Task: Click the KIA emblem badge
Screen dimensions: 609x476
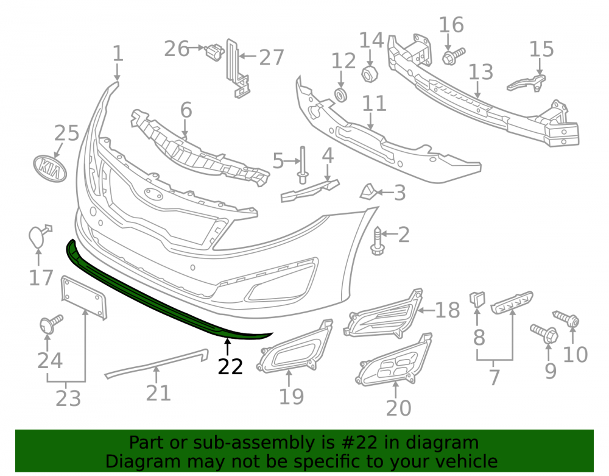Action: click(50, 168)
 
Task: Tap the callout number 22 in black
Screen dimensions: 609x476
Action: click(230, 367)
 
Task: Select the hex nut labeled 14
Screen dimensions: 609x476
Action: click(370, 73)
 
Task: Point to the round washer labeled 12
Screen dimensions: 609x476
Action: click(340, 95)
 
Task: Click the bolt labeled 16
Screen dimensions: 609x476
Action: click(453, 56)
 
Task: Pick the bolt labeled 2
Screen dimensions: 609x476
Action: click(376, 241)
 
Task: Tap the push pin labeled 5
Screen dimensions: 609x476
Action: click(303, 165)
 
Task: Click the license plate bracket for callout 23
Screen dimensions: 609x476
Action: click(84, 297)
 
